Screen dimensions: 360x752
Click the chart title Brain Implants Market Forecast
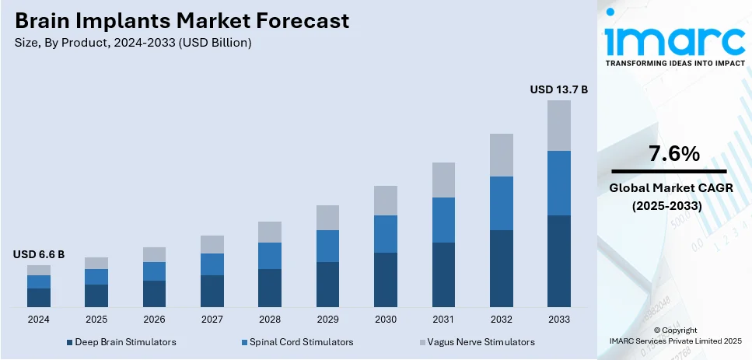180,20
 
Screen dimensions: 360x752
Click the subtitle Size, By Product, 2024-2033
132,43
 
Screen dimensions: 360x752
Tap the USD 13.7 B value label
558,90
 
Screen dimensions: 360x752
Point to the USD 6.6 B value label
38,254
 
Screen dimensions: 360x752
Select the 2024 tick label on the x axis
38,320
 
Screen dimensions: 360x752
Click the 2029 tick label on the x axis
327,320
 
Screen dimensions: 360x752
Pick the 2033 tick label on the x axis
558,320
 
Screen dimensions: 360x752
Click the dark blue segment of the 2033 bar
558,260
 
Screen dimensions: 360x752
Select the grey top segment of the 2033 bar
558,125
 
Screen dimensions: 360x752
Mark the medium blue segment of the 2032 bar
501,203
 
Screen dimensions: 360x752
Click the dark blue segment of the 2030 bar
385,279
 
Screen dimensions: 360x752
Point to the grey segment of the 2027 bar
212,244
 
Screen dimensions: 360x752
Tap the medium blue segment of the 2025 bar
96,277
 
